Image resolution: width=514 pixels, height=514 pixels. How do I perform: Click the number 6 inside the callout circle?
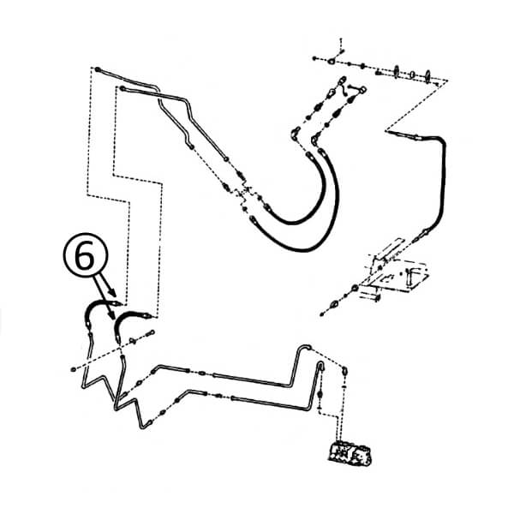[x=84, y=257]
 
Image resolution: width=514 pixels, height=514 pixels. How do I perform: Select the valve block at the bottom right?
[x=350, y=454]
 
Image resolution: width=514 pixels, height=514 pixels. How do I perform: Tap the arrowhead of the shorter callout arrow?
[x=111, y=292]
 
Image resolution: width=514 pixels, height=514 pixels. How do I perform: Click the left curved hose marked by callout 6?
[x=99, y=306]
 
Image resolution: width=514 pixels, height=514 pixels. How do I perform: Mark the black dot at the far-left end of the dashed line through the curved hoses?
[x=73, y=369]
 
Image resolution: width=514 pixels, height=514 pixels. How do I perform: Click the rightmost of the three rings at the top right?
[x=427, y=76]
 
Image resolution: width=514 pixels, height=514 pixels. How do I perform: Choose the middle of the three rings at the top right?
[x=413, y=75]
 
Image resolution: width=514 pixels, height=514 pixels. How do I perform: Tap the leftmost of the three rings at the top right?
[x=397, y=72]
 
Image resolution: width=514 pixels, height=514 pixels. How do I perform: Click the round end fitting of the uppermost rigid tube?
[x=98, y=69]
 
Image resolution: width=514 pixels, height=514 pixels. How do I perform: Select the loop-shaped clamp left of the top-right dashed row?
[x=332, y=61]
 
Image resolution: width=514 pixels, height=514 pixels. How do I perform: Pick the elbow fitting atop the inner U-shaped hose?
[x=295, y=134]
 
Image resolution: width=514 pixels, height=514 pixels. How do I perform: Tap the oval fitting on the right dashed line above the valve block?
[x=345, y=372]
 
